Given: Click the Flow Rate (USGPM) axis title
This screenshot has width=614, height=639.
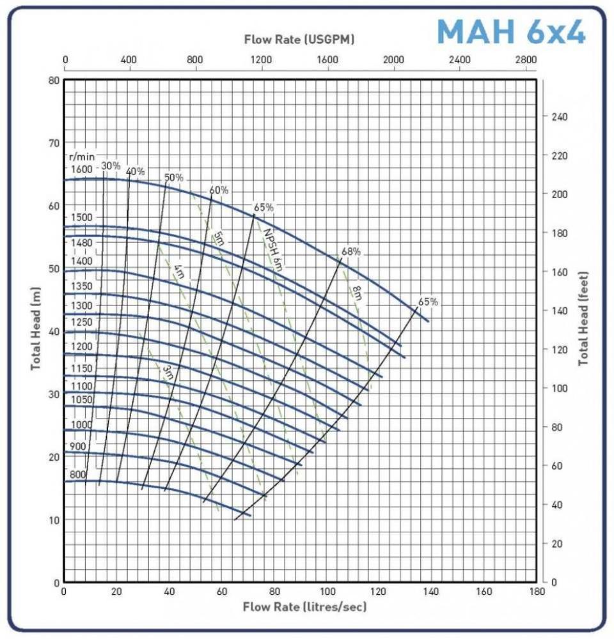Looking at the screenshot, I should [299, 40].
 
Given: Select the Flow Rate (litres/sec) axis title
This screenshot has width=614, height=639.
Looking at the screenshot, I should [304, 606].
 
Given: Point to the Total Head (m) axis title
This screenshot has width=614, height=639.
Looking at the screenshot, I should [36, 328].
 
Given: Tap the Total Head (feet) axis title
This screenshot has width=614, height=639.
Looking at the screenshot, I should [583, 319].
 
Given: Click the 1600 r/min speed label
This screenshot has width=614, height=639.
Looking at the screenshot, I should [82, 169].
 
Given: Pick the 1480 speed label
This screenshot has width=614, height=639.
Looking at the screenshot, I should [82, 243].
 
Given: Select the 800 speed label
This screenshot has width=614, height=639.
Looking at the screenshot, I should [78, 475].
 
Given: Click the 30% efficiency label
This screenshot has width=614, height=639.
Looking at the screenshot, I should [111, 166].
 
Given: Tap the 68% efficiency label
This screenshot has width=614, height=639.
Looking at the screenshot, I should [350, 252].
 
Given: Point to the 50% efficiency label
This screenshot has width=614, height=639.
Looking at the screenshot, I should [174, 177].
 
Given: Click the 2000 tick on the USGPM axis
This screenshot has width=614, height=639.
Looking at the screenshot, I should [393, 59].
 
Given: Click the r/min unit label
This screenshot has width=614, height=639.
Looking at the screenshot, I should [81, 156].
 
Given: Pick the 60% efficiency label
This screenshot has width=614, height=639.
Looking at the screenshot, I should [219, 190].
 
